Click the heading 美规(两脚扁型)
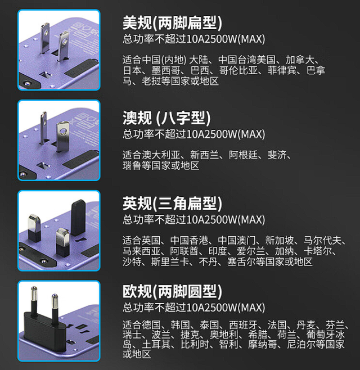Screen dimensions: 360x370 coord(172,23)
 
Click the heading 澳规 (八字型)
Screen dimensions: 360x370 coord(166,118)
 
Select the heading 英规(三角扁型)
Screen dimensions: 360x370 coord(172,204)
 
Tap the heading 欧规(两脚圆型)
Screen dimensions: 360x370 coord(172,291)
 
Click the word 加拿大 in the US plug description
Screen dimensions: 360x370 coord(300,60)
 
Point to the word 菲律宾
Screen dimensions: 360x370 coord(282,70)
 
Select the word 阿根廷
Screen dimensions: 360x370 coord(243,155)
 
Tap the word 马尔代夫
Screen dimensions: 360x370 coord(322,240)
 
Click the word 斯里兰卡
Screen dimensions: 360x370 coord(170,261)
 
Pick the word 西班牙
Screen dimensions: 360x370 coord(243,325)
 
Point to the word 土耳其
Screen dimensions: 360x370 coord(156,345)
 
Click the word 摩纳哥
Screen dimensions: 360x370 coord(262,345)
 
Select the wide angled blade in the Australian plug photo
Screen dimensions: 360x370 coord(62,136)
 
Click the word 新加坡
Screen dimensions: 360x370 coord(280,240)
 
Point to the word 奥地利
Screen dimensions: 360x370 coord(224,335)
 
